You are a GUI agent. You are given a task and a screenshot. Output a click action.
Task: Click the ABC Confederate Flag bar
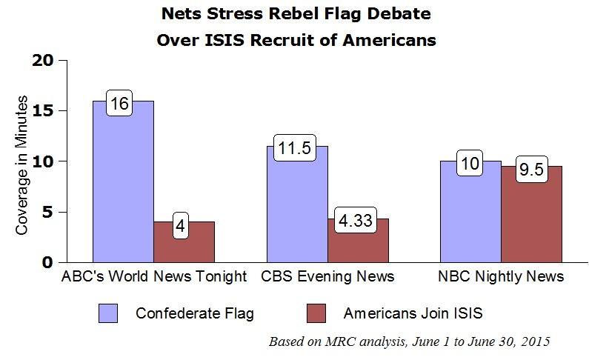pyautogui.click(x=123, y=185)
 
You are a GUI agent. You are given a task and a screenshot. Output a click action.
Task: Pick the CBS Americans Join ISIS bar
pyautogui.click(x=358, y=244)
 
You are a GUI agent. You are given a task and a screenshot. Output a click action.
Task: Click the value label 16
pyautogui.click(x=119, y=104)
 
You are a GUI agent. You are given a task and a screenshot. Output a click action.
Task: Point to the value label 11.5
pyautogui.click(x=292, y=149)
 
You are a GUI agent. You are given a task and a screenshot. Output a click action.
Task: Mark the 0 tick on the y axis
pyautogui.click(x=48, y=262)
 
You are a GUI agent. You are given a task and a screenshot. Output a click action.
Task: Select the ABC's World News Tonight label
pyautogui.click(x=153, y=278)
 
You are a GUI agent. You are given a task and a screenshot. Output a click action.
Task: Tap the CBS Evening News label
pyautogui.click(x=327, y=278)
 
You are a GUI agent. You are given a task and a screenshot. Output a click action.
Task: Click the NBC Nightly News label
pyautogui.click(x=500, y=278)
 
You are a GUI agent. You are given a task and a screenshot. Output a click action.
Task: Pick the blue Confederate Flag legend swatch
pyautogui.click(x=109, y=313)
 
